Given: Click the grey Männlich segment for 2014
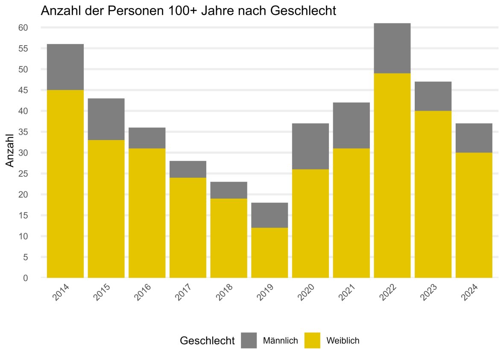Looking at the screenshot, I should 65,67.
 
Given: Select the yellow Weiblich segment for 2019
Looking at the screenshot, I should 270,252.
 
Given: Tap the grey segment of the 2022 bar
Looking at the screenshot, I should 392,48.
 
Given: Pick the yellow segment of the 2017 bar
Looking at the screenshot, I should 188,228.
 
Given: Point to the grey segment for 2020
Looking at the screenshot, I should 311,146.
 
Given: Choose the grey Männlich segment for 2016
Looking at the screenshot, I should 147,138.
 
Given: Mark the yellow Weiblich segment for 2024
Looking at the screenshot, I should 474,215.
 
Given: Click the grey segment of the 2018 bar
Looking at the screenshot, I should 229,190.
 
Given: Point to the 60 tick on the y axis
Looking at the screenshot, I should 23,28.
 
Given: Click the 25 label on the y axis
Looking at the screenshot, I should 23,174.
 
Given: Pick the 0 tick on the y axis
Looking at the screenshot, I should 25,278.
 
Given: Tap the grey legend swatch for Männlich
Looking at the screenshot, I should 249,340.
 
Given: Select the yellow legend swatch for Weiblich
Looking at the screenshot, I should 312,340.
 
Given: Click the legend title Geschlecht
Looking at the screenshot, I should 207,341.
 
